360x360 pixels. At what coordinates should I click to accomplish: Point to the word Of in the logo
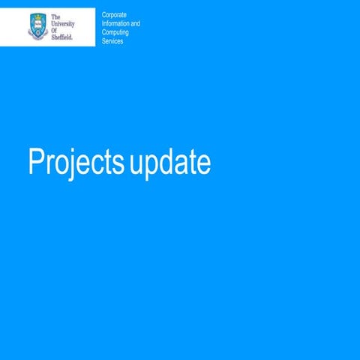coord(55,29)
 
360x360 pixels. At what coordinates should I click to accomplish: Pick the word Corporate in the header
coord(115,15)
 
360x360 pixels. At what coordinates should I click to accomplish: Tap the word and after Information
coord(135,24)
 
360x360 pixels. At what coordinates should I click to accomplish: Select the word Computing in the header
coord(116,33)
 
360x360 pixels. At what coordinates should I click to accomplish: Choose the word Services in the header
coord(112,41)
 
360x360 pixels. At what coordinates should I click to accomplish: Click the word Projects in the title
coord(75,163)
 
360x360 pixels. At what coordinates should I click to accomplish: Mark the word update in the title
coord(169,163)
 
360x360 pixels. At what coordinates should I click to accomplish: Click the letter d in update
coord(165,162)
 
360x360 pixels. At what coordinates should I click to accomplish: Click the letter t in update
coord(190,163)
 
